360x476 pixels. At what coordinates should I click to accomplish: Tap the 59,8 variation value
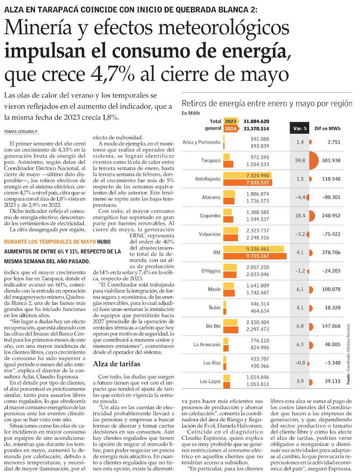[300, 161]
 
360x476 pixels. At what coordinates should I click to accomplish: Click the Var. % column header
[300, 129]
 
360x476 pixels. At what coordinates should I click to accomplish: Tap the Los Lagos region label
[210, 381]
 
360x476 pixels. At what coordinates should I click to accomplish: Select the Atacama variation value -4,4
[300, 198]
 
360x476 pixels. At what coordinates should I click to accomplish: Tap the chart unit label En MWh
[191, 113]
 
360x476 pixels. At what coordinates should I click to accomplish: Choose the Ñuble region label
[213, 308]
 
